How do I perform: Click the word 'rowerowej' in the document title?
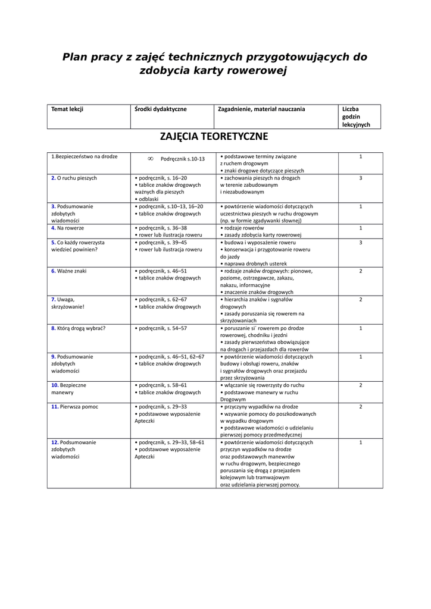click(256, 71)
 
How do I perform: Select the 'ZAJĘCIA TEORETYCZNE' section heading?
click(214, 137)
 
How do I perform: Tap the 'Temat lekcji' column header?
click(67, 109)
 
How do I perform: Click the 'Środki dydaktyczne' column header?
click(161, 109)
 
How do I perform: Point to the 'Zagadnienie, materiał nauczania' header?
click(262, 109)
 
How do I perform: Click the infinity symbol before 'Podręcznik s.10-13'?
click(151, 159)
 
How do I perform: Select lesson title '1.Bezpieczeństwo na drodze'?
click(84, 156)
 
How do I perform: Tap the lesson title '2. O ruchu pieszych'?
click(74, 178)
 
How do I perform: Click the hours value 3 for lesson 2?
click(360, 178)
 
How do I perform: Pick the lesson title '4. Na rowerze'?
click(67, 228)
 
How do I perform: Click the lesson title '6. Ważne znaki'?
click(68, 271)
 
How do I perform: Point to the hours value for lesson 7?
click(360, 299)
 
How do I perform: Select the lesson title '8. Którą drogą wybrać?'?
click(78, 328)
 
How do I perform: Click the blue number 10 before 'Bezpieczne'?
click(54, 385)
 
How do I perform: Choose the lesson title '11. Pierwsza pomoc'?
click(74, 406)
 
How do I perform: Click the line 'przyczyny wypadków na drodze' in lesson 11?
click(260, 406)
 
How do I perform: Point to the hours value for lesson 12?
click(360, 442)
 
